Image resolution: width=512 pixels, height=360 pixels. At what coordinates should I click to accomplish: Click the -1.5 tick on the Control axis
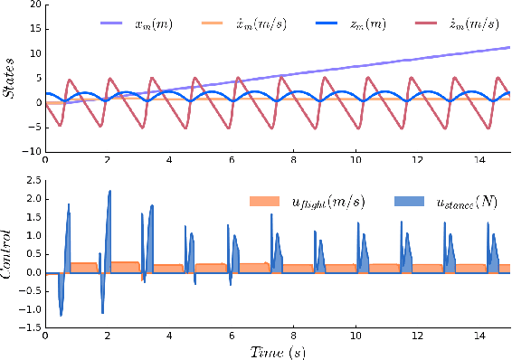29,328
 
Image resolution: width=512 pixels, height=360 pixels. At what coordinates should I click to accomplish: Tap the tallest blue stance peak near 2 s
109,192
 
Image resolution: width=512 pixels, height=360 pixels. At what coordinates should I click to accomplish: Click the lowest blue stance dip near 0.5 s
61,315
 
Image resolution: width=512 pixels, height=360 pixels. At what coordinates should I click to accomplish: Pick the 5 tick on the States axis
35,78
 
